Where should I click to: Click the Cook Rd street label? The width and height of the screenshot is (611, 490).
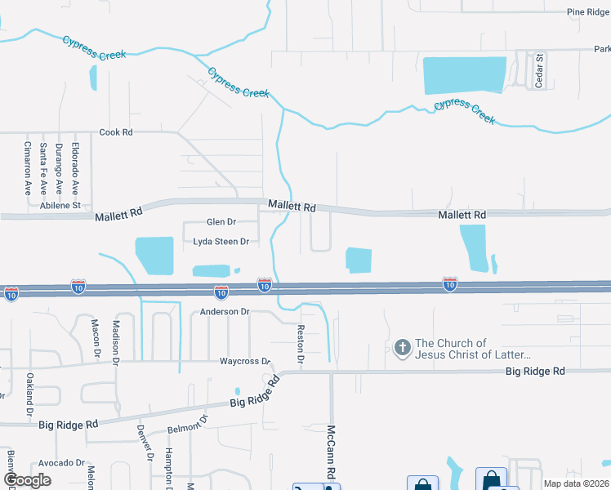pyautogui.click(x=115, y=132)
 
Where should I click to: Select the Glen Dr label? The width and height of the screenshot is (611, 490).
pyautogui.click(x=221, y=222)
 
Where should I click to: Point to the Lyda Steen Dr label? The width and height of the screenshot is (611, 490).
pyautogui.click(x=220, y=242)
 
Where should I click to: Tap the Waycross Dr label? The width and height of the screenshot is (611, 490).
pyautogui.click(x=244, y=361)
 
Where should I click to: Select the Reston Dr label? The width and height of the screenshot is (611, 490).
pyautogui.click(x=301, y=344)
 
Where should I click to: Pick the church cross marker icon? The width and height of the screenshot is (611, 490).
pyautogui.click(x=401, y=349)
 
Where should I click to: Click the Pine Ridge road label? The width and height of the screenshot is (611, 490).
pyautogui.click(x=588, y=12)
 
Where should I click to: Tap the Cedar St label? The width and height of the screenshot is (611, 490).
pyautogui.click(x=540, y=69)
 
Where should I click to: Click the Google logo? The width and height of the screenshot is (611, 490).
pyautogui.click(x=28, y=480)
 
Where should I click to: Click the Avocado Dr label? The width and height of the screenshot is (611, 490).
pyautogui.click(x=61, y=462)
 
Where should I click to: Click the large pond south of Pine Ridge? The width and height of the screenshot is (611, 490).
pyautogui.click(x=464, y=76)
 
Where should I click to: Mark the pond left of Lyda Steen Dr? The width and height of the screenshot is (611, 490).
pyautogui.click(x=154, y=255)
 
